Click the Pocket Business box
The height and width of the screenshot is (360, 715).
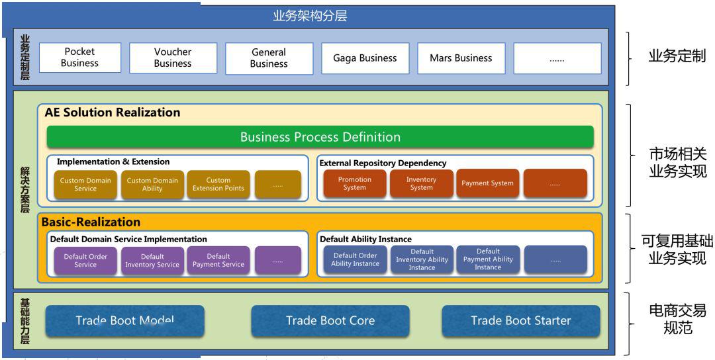pyautogui.click(x=80, y=58)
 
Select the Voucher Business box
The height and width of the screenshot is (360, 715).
pyautogui.click(x=173, y=58)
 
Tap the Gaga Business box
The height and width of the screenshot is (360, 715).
pyautogui.click(x=365, y=58)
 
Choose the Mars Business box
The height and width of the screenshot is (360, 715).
pyautogui.click(x=461, y=58)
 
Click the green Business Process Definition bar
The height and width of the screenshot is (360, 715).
pyautogui.click(x=320, y=137)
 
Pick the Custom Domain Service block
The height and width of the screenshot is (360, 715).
pyautogui.click(x=85, y=184)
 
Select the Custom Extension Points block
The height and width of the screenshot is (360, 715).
pyautogui.click(x=218, y=184)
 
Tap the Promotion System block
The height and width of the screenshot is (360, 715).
pyautogui.click(x=355, y=183)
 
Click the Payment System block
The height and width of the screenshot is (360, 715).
pyautogui.click(x=487, y=183)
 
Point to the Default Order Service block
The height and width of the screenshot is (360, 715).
pyautogui.click(x=85, y=261)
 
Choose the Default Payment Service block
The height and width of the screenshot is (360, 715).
pyautogui.click(x=218, y=261)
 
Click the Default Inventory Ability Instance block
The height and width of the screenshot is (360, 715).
pyautogui.click(x=422, y=260)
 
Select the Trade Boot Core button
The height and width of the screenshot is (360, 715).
pyautogui.click(x=330, y=321)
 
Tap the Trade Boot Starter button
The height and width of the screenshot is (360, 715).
pyautogui.click(x=521, y=321)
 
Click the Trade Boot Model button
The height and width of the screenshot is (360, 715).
pyautogui.click(x=125, y=321)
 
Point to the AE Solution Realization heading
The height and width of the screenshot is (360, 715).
pyautogui.click(x=112, y=112)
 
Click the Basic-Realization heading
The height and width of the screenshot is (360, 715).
pyautogui.click(x=91, y=222)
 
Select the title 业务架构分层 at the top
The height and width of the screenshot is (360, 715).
pyautogui.click(x=310, y=17)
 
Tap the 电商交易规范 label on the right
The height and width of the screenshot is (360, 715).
pyautogui.click(x=678, y=319)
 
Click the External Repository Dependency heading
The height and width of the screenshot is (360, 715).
pyautogui.click(x=383, y=163)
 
